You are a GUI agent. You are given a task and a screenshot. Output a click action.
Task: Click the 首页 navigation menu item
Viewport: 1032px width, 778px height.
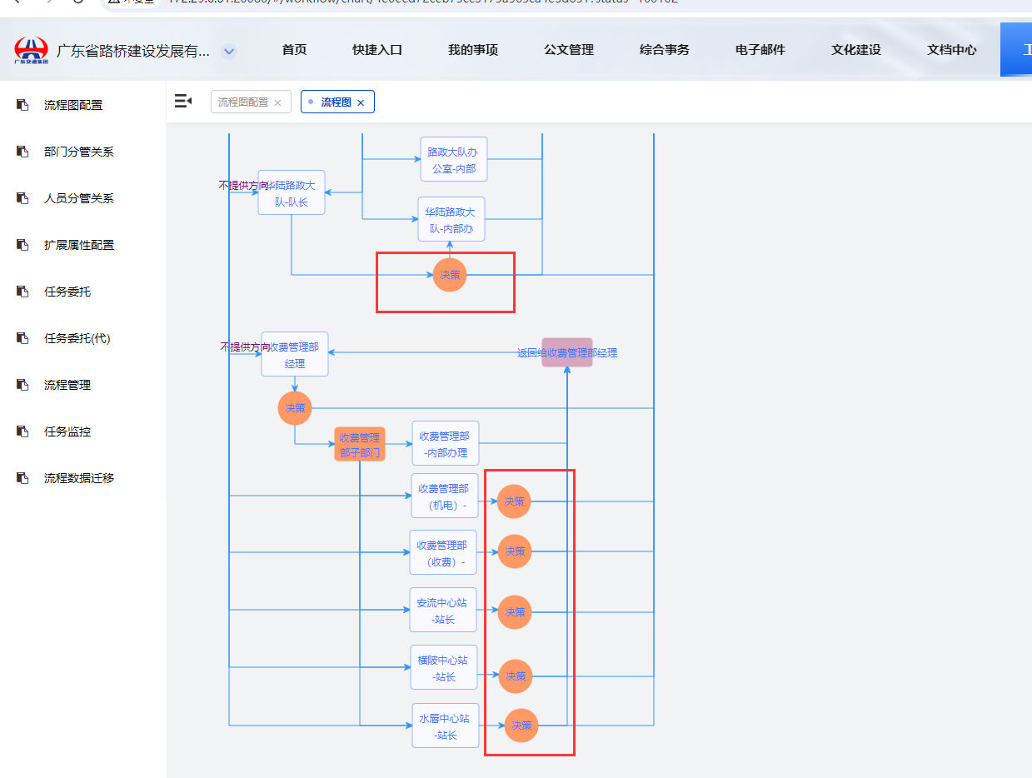tap(294, 50)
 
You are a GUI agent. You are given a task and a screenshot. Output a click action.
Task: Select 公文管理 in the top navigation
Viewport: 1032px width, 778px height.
tap(569, 50)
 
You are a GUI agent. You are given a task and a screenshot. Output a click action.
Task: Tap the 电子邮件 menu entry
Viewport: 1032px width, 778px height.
tap(760, 50)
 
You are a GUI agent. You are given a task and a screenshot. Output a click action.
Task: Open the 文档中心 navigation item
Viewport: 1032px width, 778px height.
tap(951, 50)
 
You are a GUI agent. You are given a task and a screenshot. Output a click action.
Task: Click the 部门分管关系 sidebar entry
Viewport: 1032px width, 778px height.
tap(78, 152)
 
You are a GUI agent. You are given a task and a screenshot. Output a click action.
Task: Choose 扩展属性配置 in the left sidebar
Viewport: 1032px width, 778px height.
tap(78, 245)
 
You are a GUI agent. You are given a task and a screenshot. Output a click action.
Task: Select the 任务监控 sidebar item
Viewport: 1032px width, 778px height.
tap(67, 431)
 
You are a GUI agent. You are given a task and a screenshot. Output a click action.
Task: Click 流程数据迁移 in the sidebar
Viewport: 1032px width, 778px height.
tap(78, 478)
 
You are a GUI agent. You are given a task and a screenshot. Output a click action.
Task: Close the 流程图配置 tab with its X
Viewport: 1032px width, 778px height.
tap(277, 102)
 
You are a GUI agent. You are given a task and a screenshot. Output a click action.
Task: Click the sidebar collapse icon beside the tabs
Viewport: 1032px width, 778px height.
tap(182, 102)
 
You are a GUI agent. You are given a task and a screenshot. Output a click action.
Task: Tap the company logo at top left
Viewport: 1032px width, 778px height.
tap(32, 50)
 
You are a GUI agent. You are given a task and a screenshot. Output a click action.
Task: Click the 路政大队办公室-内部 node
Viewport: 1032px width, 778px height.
tap(453, 160)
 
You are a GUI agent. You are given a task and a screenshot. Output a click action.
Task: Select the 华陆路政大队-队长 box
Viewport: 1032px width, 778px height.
tap(292, 192)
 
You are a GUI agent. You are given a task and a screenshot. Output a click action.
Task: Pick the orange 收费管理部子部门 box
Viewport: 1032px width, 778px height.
tap(360, 444)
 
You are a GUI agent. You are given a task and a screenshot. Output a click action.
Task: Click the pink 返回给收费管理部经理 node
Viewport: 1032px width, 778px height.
tap(567, 352)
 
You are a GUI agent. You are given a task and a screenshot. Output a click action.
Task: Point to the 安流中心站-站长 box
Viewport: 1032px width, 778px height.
tap(443, 610)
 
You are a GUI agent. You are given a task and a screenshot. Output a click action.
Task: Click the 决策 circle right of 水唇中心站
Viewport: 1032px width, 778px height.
tap(521, 726)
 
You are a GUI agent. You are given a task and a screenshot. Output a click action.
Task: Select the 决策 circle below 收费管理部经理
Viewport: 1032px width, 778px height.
tap(295, 408)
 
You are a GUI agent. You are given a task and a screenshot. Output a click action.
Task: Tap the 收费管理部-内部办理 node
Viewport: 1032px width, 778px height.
tap(445, 443)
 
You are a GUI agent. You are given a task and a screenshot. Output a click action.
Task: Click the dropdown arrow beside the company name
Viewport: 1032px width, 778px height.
tap(229, 52)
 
